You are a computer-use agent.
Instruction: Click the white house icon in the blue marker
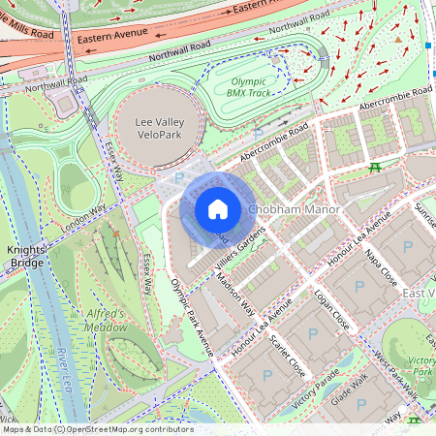pos(218,209)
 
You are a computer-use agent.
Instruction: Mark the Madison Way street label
pos(235,296)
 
